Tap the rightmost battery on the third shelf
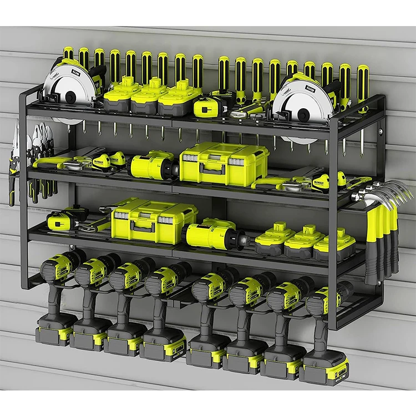tap(334, 246)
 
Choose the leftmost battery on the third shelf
tap(275, 237)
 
